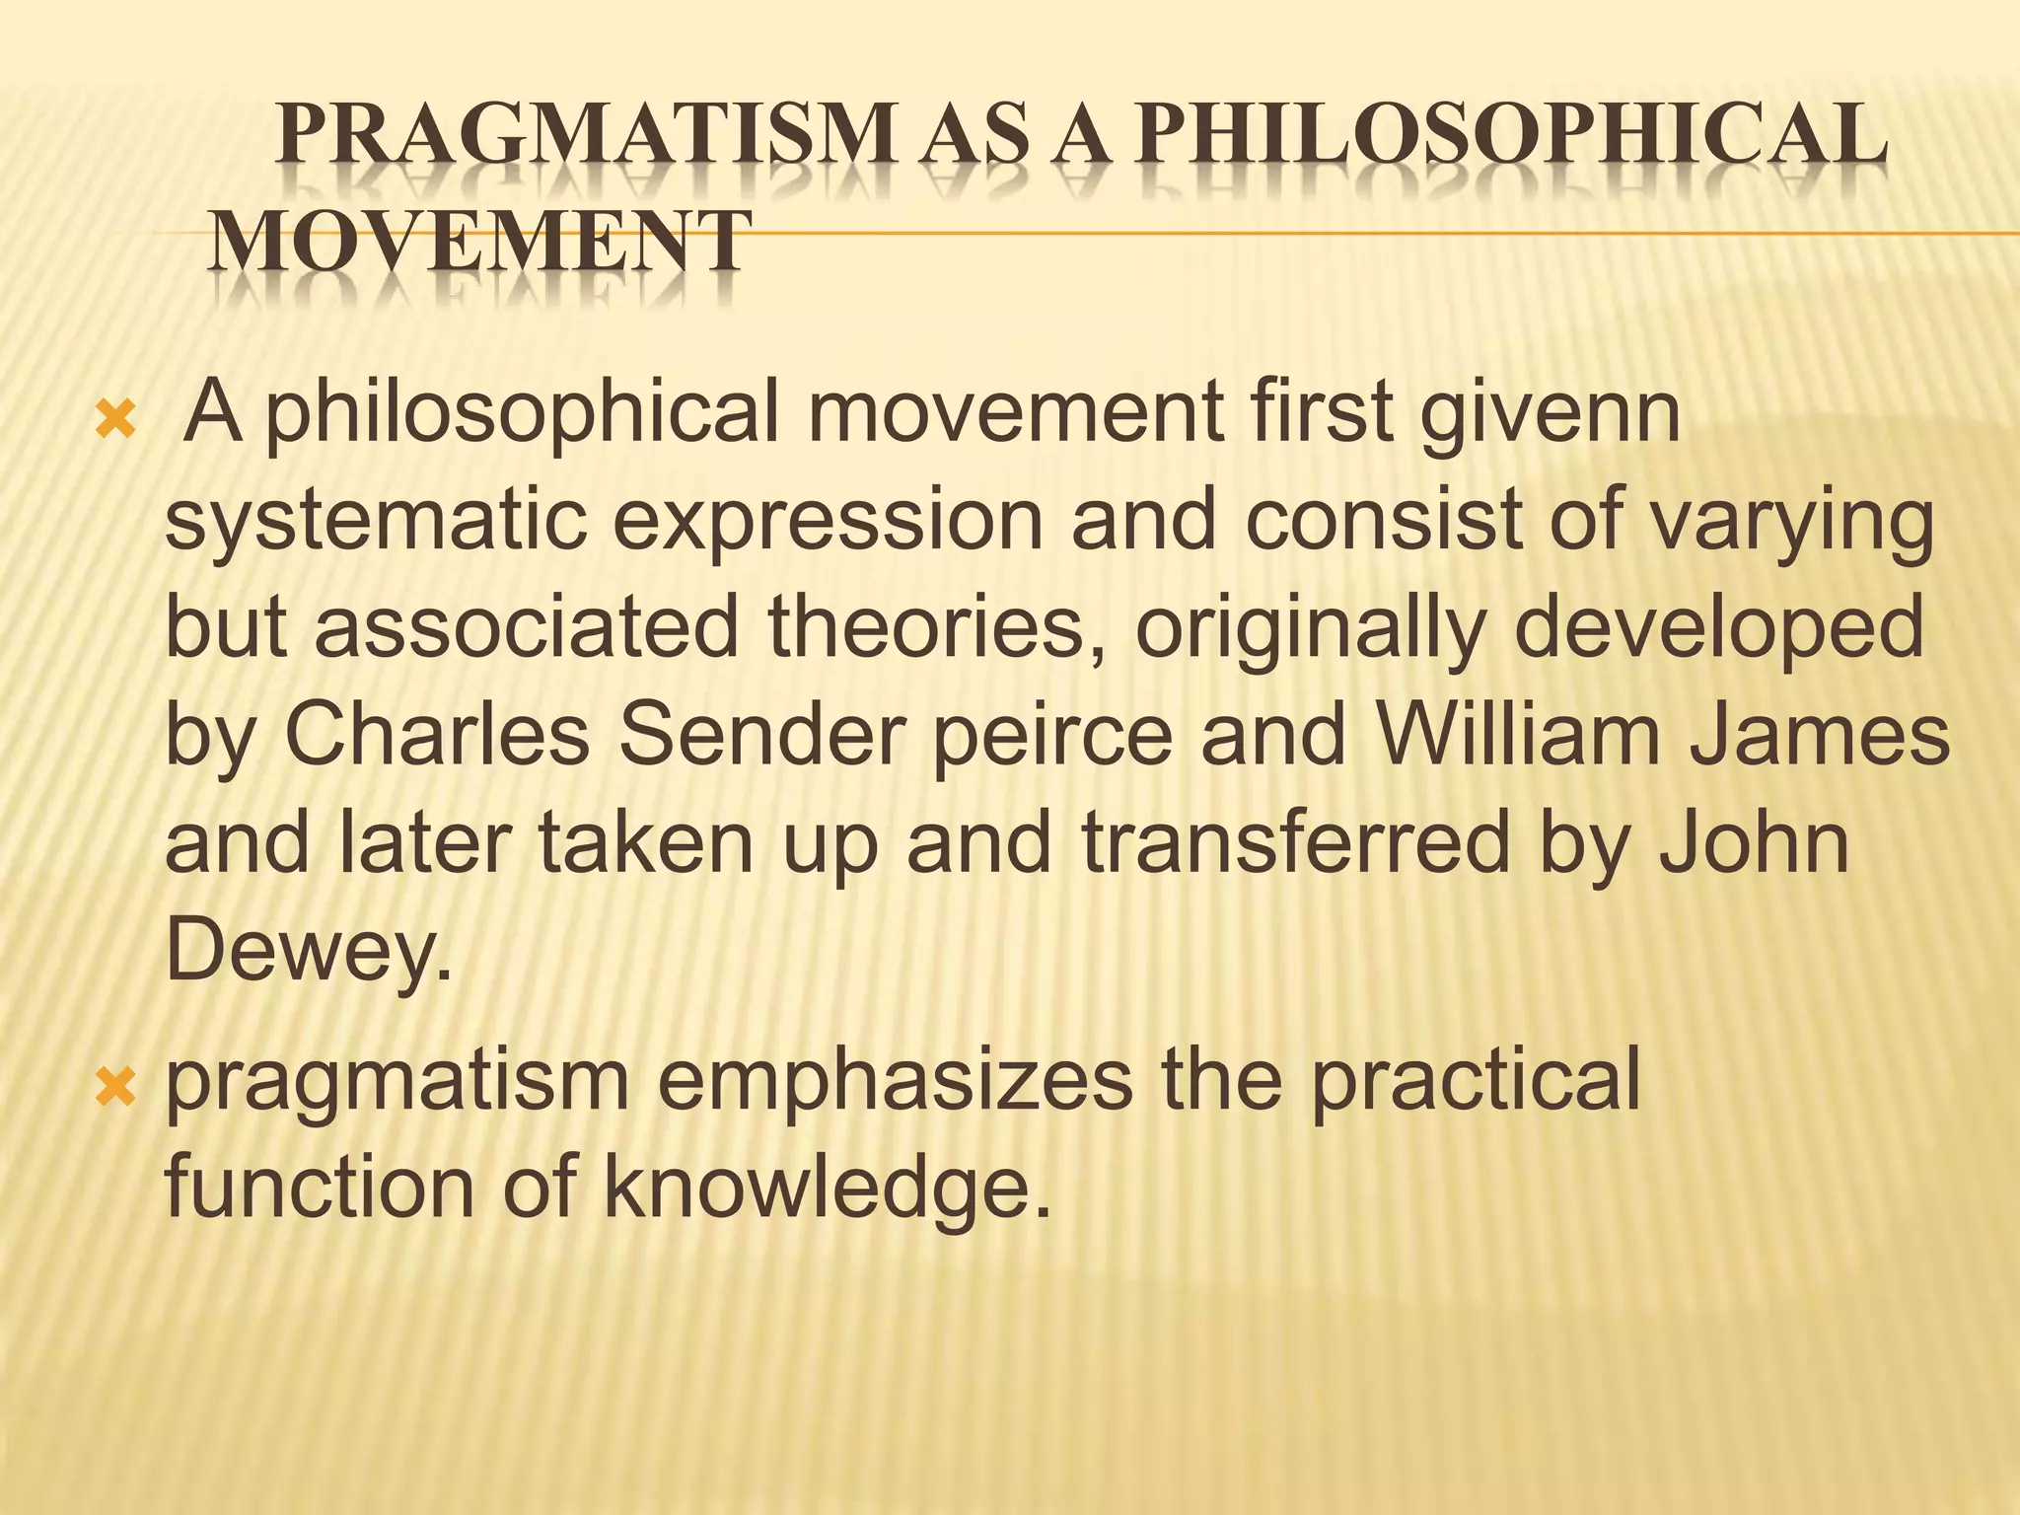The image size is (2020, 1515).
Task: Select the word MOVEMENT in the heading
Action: click(479, 242)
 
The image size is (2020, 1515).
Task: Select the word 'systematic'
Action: click(376, 523)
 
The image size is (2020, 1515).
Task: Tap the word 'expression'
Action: click(828, 523)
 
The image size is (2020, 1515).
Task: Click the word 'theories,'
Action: click(937, 629)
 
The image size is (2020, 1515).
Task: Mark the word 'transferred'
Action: click(1296, 844)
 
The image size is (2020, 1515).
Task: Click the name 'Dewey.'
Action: click(309, 951)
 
